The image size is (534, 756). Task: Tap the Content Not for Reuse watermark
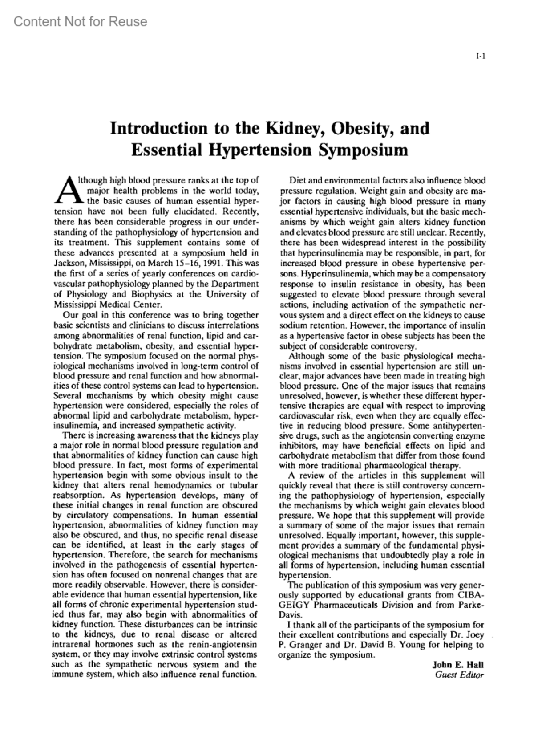(80, 21)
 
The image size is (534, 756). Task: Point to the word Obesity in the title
(364, 128)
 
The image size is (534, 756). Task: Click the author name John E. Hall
(458, 665)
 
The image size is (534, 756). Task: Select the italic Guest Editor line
(459, 675)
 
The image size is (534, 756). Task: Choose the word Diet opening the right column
(298, 181)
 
